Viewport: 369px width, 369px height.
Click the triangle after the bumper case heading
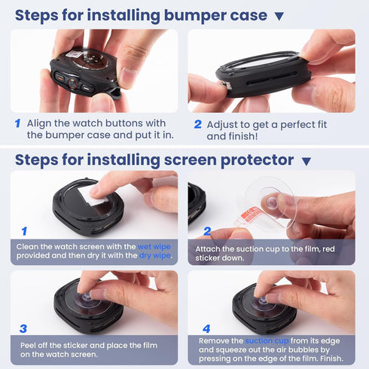tap(279, 17)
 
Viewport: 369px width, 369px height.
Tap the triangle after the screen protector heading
tap(306, 161)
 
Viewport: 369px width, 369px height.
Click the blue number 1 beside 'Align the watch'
tap(17, 124)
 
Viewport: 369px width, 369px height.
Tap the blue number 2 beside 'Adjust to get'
tap(198, 124)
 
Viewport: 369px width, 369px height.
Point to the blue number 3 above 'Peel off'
tap(23, 328)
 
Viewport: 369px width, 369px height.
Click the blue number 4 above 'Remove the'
tap(206, 328)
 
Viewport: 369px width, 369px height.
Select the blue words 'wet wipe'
tap(154, 247)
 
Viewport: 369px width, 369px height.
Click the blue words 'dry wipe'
tap(154, 255)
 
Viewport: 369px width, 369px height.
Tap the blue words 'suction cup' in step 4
tap(267, 341)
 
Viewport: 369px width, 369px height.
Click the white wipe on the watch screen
tap(93, 196)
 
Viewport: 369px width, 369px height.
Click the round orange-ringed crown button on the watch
tap(72, 83)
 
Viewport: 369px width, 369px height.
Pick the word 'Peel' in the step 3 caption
tap(28, 346)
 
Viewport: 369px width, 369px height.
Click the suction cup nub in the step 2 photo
tap(271, 202)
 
